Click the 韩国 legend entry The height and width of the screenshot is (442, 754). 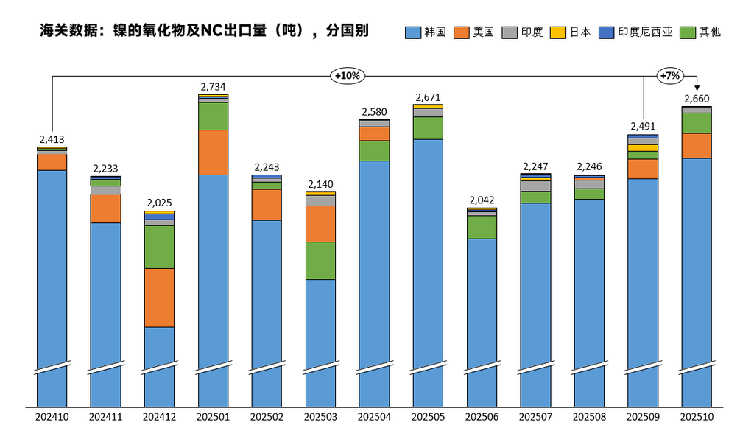tap(426, 32)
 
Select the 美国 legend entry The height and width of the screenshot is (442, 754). tap(474, 32)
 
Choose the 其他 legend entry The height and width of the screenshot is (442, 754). tap(701, 32)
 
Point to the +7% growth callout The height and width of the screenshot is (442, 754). tap(669, 75)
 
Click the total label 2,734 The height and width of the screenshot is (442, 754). tap(214, 87)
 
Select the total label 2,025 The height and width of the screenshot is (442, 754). tap(160, 203)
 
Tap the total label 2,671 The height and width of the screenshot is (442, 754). tap(428, 97)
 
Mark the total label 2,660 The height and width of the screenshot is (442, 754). tap(697, 99)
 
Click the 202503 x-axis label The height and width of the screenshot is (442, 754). tap(320, 417)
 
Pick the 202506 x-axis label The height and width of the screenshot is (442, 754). tap(482, 417)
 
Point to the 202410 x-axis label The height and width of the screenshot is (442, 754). tap(52, 417)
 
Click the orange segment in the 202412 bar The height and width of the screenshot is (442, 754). tap(160, 298)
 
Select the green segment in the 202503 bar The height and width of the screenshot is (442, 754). tap(320, 261)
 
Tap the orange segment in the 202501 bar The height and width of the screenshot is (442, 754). tap(214, 152)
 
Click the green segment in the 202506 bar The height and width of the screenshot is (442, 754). tap(482, 228)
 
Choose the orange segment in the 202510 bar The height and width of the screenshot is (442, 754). tap(697, 146)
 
